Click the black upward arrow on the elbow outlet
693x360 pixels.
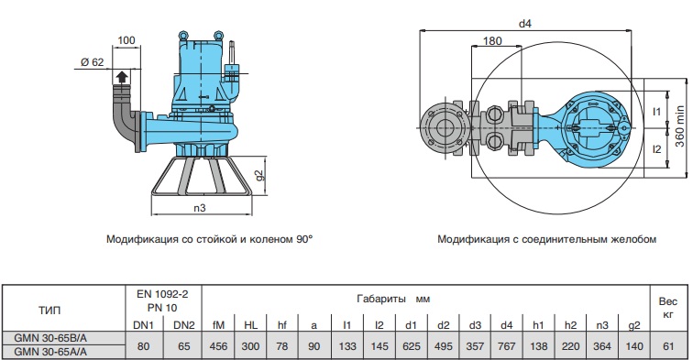[x=122, y=77]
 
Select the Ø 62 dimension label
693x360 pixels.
[x=92, y=62]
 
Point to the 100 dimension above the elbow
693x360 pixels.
[x=126, y=40]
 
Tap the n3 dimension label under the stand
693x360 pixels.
[x=200, y=208]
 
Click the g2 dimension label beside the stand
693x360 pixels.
[x=259, y=175]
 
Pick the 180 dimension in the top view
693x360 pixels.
[x=492, y=41]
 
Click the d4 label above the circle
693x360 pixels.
[x=524, y=24]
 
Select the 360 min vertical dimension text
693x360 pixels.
[x=680, y=126]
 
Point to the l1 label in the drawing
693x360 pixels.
[x=656, y=112]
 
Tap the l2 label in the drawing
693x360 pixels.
[x=656, y=149]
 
